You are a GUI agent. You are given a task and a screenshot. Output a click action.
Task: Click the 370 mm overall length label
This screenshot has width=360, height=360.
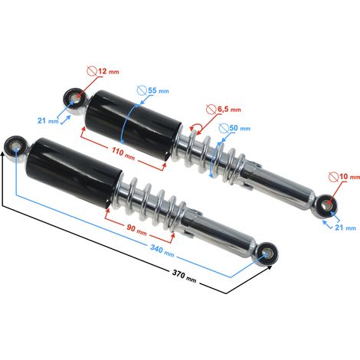[184, 276]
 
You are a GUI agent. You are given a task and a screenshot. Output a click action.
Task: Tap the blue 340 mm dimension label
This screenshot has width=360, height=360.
[162, 250]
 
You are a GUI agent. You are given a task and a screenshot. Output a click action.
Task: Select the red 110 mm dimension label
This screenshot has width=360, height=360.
[123, 153]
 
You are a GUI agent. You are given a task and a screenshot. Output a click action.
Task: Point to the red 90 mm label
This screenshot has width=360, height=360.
[136, 229]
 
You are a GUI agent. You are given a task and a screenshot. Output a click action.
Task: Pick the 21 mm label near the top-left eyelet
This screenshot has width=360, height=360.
[48, 120]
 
